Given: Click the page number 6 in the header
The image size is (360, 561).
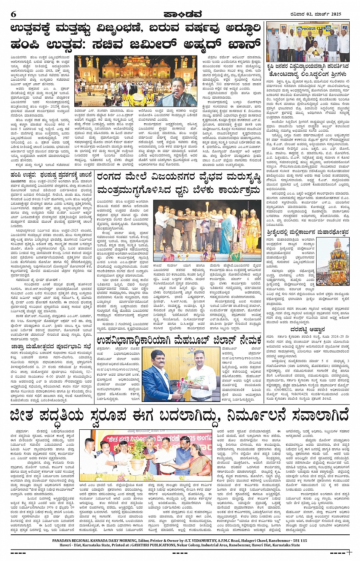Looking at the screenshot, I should point(14,14).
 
